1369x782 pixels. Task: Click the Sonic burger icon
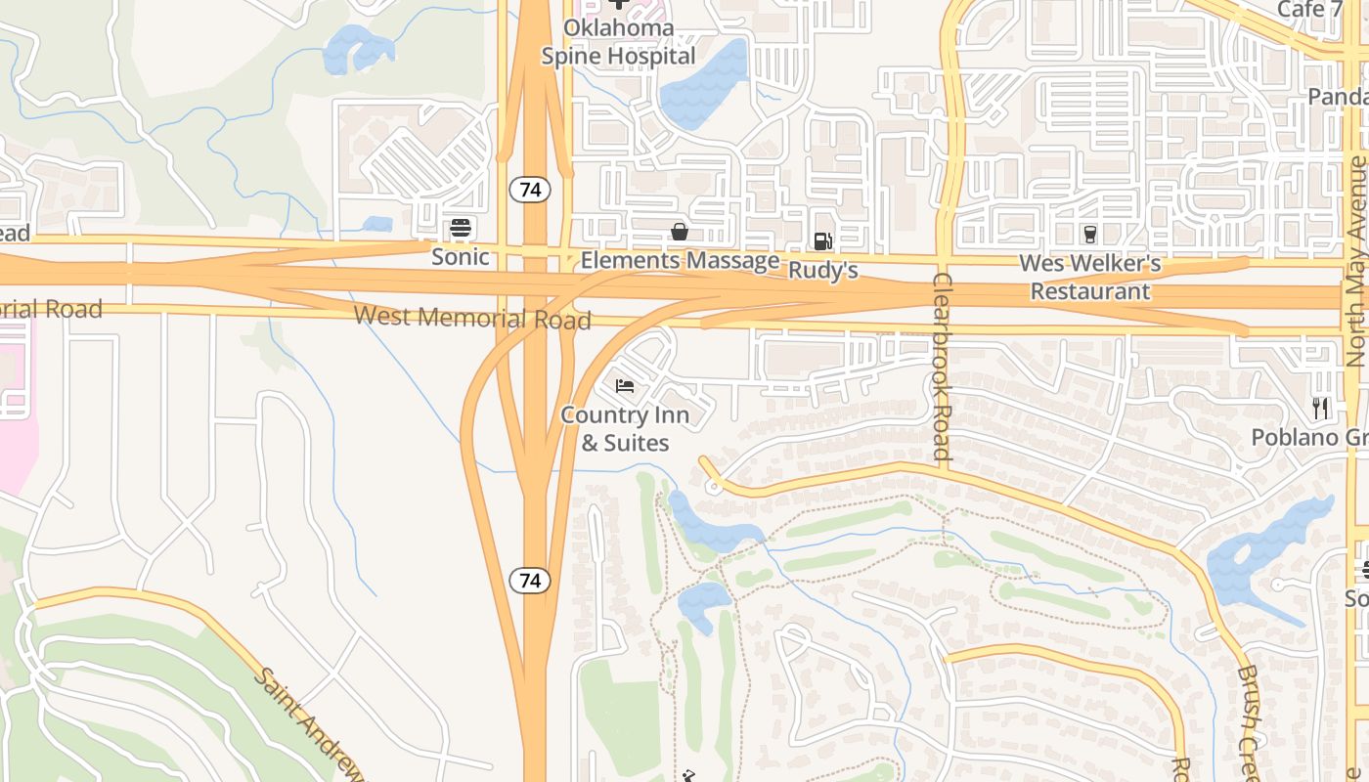click(461, 229)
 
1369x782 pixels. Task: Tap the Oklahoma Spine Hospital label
click(619, 42)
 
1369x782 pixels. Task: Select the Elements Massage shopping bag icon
click(679, 232)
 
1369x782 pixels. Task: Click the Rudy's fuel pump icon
click(823, 241)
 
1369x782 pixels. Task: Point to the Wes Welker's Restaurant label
click(1090, 278)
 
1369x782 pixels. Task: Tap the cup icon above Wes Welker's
click(1090, 234)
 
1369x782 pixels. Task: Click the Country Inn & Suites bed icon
click(625, 386)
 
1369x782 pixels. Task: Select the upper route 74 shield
click(530, 190)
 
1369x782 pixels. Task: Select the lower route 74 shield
click(530, 581)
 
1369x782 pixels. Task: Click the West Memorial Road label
click(472, 318)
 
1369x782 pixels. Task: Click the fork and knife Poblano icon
click(1321, 408)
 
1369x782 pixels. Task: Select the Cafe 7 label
click(1309, 10)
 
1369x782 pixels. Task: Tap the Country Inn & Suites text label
click(625, 429)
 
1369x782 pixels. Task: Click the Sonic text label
click(461, 257)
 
